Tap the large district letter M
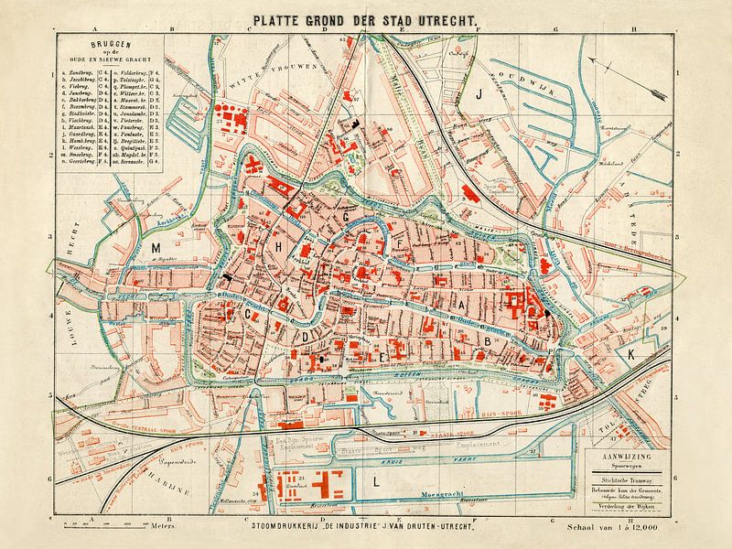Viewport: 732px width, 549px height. [156, 249]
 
